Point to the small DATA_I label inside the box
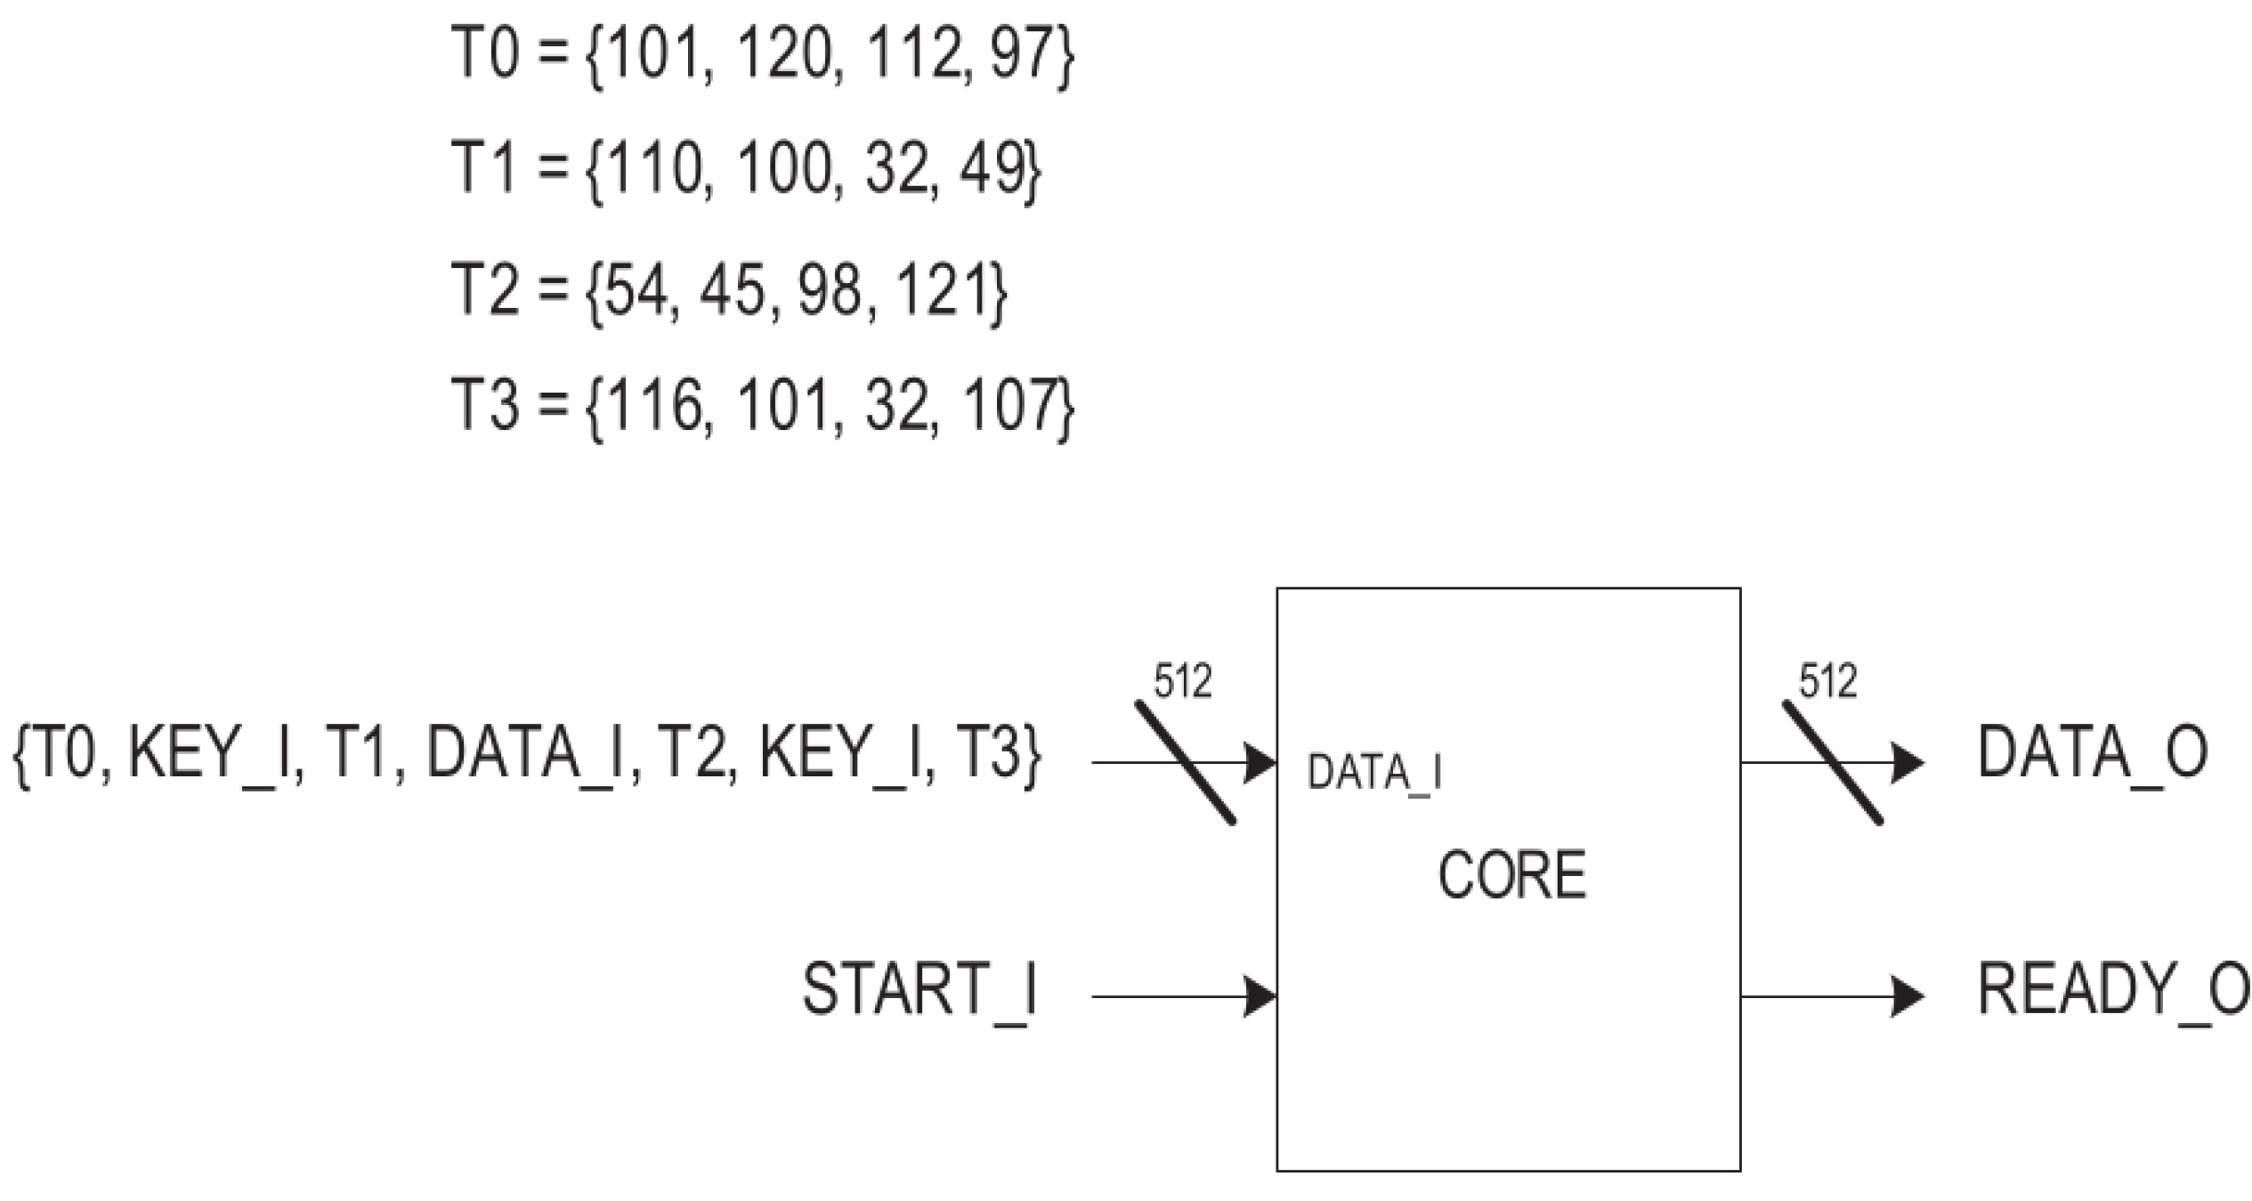(x=1374, y=773)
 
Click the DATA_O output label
(x=2092, y=753)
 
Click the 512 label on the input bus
(x=1183, y=683)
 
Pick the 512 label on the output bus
(x=1828, y=683)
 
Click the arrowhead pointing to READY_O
(x=1908, y=996)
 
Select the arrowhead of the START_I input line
(x=1260, y=996)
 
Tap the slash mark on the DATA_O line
(x=1833, y=763)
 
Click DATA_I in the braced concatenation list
(x=524, y=753)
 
